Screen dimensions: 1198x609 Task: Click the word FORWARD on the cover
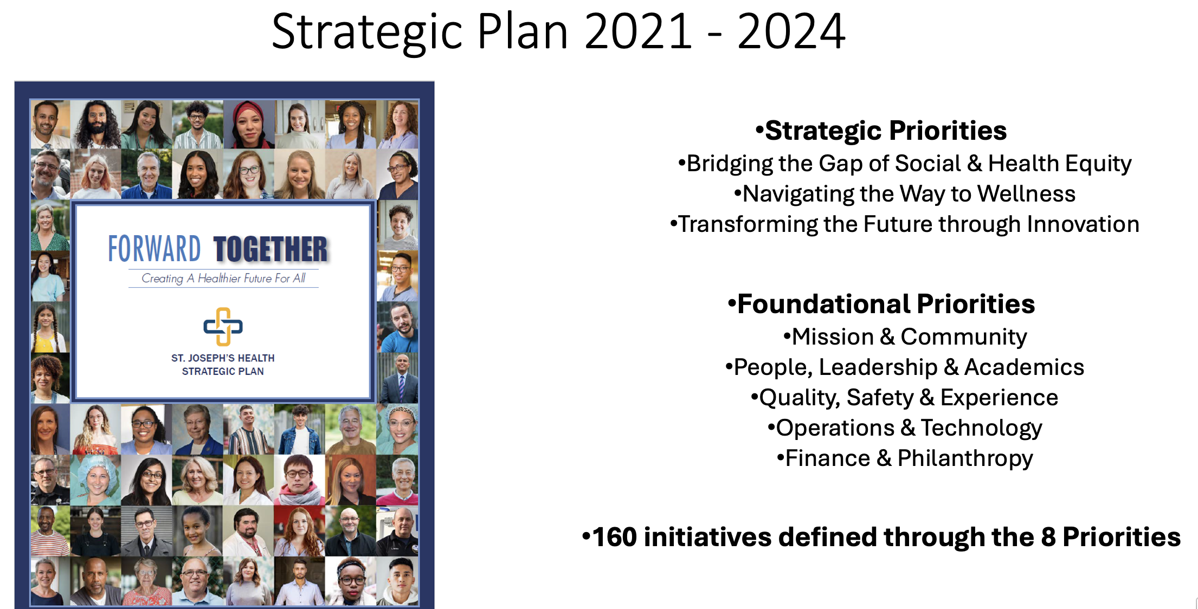pyautogui.click(x=154, y=249)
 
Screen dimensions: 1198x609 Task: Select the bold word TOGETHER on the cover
pyautogui.click(x=270, y=249)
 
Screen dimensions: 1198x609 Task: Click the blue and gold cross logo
pyautogui.click(x=223, y=327)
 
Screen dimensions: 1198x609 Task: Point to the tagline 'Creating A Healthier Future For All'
pyautogui.click(x=223, y=278)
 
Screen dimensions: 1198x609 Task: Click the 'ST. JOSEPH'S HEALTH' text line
pyautogui.click(x=223, y=358)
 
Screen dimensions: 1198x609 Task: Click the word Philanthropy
pyautogui.click(x=965, y=458)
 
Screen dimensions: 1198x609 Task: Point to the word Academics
pyautogui.click(x=1024, y=367)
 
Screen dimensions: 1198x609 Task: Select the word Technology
pyautogui.click(x=981, y=428)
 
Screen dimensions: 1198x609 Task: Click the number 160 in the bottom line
pyautogui.click(x=615, y=537)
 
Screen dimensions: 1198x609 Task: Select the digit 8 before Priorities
pyautogui.click(x=1048, y=537)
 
